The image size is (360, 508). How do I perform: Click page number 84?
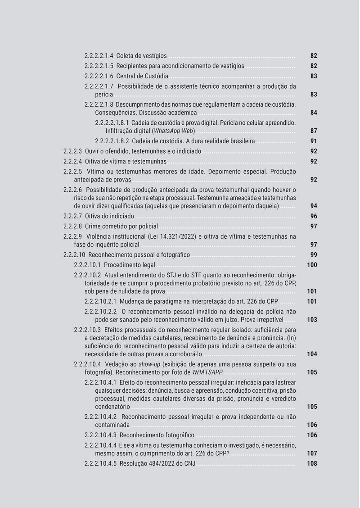tap(314, 112)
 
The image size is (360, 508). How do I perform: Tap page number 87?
tap(314, 131)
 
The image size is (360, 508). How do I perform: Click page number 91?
tap(314, 141)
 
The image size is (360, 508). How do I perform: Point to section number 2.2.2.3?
tap(72, 151)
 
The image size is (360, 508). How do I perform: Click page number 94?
tap(314, 206)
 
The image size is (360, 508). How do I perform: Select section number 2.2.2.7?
tap(72, 216)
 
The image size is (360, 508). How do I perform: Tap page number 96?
tap(314, 216)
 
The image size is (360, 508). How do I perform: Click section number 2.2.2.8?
tap(72, 226)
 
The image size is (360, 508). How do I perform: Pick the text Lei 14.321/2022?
tap(172, 236)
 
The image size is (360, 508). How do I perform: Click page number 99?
tap(314, 255)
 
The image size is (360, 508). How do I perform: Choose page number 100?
tap(312, 265)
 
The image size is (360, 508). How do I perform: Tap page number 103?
tap(312, 320)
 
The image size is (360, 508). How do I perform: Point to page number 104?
tap(312, 354)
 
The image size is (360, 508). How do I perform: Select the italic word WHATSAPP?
tap(207, 372)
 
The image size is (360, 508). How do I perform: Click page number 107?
tap(312, 454)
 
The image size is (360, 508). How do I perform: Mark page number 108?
tap(312, 464)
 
